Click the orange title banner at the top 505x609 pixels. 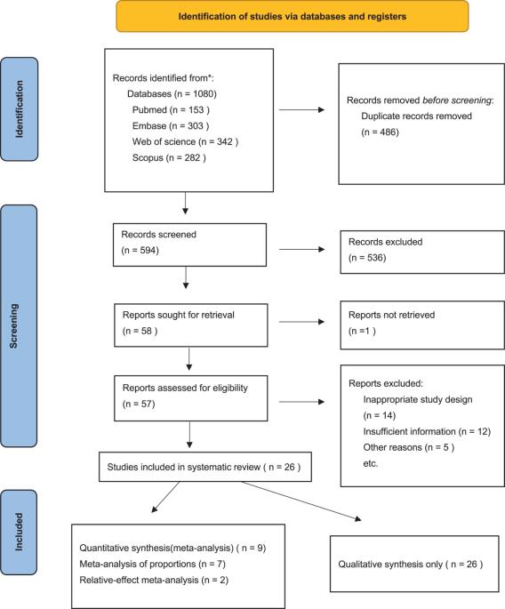pos(293,16)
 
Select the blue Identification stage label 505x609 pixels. pos(19,109)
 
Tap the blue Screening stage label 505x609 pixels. pos(19,326)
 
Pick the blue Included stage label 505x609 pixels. pos(19,533)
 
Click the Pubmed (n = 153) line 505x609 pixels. pos(171,110)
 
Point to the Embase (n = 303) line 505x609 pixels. pos(171,126)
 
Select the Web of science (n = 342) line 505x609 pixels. pos(185,141)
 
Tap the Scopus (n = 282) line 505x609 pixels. pos(169,157)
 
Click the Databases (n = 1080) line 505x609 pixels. pos(172,94)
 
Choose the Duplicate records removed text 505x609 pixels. pos(416,116)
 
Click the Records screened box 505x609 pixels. pos(189,244)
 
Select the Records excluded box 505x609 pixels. pos(422,252)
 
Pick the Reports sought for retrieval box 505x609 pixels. pos(191,325)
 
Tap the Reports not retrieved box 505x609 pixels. pos(422,325)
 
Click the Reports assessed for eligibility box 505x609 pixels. pos(191,398)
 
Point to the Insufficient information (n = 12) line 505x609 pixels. pos(427,431)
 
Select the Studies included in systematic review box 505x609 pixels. pos(205,467)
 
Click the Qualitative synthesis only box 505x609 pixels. pos(414,564)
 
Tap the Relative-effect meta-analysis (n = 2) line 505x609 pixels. pos(154,580)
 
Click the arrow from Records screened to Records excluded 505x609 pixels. pos(301,249)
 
